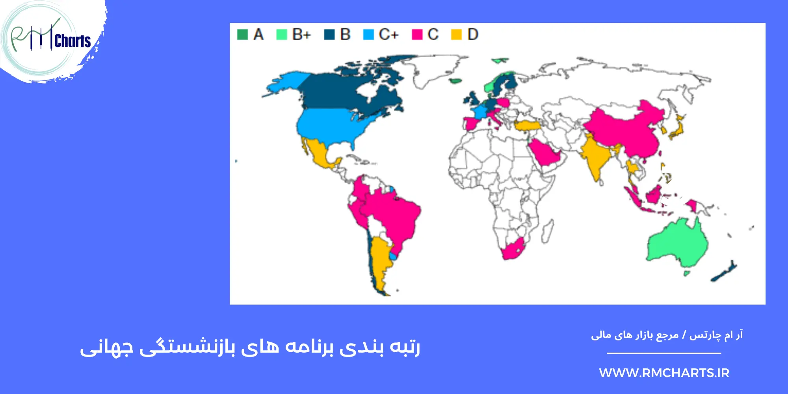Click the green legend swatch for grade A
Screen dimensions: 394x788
point(242,35)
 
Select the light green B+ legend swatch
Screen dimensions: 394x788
point(282,35)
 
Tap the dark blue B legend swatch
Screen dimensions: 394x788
point(329,35)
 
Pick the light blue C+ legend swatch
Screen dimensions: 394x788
point(368,35)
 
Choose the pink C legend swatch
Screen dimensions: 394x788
point(417,35)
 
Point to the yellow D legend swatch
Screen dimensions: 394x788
point(456,35)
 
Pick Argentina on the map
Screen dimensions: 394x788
point(380,260)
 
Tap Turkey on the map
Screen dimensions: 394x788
point(528,126)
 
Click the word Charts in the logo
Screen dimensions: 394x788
point(73,41)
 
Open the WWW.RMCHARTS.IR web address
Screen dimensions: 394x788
point(664,373)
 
